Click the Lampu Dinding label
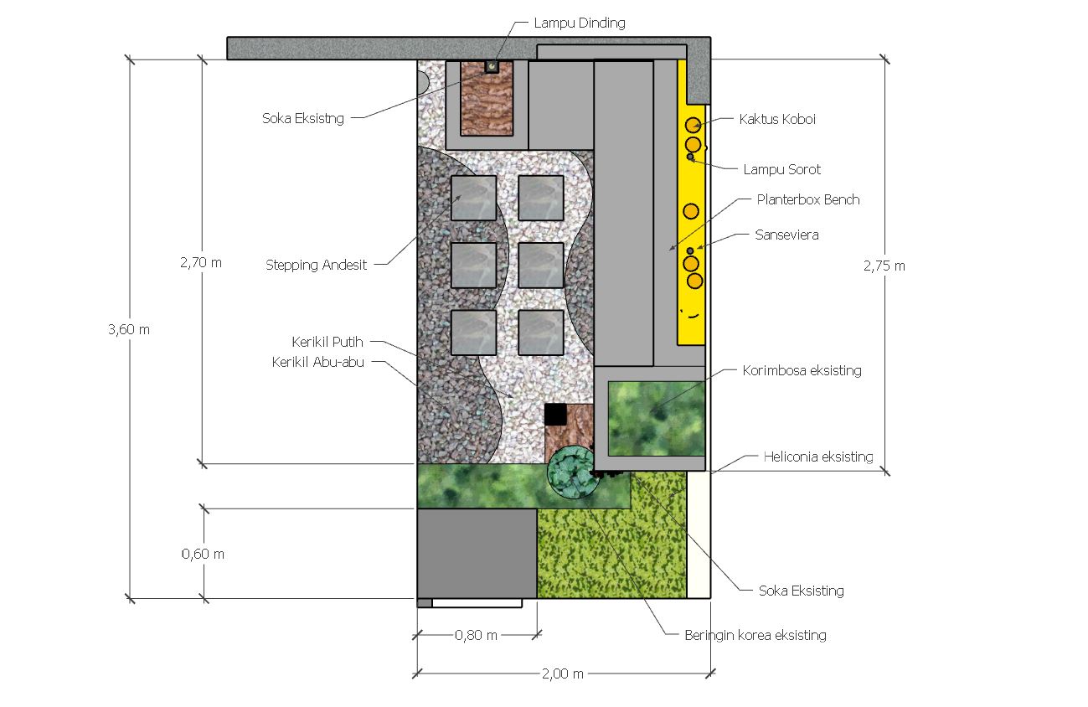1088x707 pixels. click(580, 23)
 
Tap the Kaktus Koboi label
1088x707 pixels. click(777, 119)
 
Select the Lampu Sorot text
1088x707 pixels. click(781, 169)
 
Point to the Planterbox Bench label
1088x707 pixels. click(808, 199)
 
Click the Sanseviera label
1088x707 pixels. click(786, 235)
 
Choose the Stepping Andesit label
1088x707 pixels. click(317, 266)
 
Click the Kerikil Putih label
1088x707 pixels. click(327, 342)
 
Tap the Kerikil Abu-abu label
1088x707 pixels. click(317, 362)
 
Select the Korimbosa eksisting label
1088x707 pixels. click(802, 371)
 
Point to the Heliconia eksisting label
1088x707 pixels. click(818, 457)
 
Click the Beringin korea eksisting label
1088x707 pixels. click(755, 636)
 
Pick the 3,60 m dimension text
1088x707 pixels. click(129, 330)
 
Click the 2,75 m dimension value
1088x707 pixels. click(884, 266)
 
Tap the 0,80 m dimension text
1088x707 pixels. click(476, 636)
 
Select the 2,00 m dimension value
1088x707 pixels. click(563, 674)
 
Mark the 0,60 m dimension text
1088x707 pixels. click(203, 555)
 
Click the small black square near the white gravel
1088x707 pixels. click(555, 415)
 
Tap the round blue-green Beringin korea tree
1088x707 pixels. click(571, 472)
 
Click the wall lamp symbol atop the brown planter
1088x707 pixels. click(492, 66)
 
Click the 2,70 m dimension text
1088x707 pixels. click(201, 263)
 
